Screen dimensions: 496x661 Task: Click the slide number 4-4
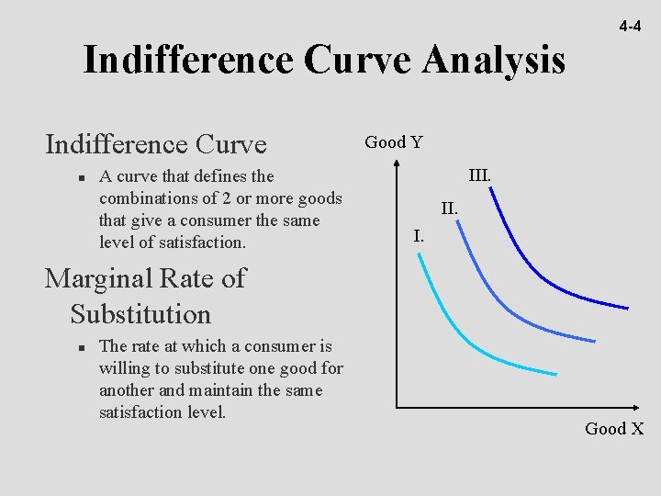coord(629,27)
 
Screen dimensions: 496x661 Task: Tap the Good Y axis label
coord(394,142)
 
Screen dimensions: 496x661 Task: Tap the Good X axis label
coord(614,429)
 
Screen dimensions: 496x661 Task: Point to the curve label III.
coord(480,175)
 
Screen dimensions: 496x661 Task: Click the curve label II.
coord(449,209)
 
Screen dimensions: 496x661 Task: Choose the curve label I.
coord(419,236)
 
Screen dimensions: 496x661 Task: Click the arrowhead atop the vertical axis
coord(396,163)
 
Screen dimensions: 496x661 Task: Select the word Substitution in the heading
coord(140,314)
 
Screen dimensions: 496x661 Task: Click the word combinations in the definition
coord(147,198)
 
